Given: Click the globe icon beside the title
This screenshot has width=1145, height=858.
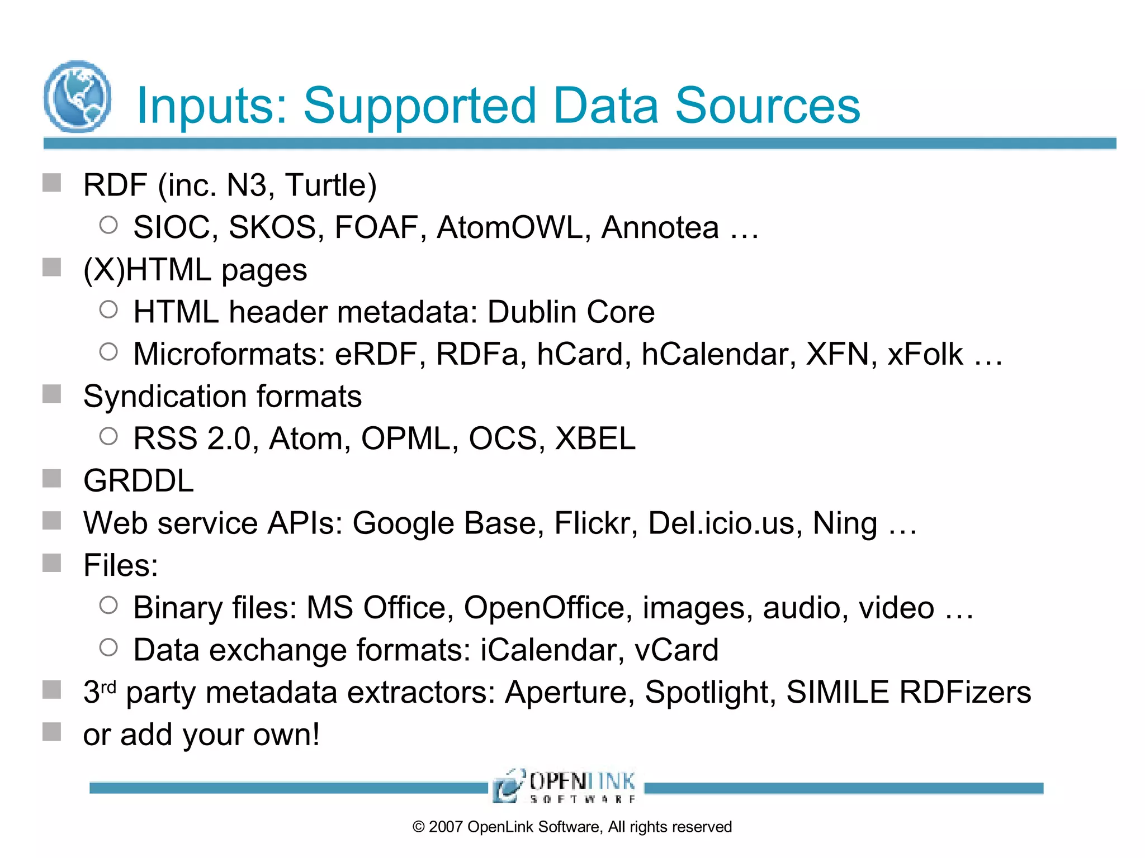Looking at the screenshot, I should pos(77,97).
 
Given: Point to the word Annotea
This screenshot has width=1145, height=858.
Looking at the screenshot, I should pos(660,227).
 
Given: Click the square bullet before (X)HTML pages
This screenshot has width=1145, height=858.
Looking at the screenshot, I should pos(52,267).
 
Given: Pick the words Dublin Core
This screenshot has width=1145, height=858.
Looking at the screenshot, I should pos(571,312).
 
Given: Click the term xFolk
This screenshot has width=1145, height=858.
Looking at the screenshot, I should pos(925,354).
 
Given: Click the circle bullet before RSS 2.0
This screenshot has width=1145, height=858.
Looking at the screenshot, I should pos(108,436).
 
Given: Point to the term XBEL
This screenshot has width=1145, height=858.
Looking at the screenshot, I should pos(595,438).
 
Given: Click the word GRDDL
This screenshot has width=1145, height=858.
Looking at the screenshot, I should pos(139,481).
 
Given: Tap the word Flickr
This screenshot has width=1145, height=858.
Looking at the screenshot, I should pos(592,523).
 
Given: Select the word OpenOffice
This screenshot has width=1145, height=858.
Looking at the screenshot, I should pos(543,608).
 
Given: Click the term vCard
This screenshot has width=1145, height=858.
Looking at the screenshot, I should pos(676,650).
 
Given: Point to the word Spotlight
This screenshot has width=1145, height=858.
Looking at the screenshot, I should pos(706,693).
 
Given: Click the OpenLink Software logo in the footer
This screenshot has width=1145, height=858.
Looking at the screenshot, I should pos(565,786).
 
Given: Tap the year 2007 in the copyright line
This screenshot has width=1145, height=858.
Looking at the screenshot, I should pos(446,827).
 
